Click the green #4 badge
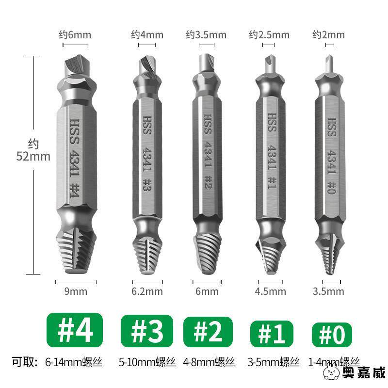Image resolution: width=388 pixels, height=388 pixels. coord(75,330)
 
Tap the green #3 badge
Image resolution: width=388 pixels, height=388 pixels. coord(147,331)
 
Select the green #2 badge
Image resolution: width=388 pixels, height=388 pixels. coord(208,332)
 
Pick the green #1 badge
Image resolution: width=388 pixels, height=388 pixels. coord(272,334)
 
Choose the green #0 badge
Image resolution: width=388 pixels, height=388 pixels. coord(332,335)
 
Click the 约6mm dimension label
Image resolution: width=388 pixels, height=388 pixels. coord(75,34)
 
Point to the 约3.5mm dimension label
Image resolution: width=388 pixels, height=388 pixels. coord(206,34)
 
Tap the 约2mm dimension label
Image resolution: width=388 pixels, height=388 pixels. coord(328,34)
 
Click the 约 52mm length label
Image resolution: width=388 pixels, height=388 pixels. coord(33,150)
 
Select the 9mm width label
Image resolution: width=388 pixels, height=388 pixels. coord(76,291)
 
